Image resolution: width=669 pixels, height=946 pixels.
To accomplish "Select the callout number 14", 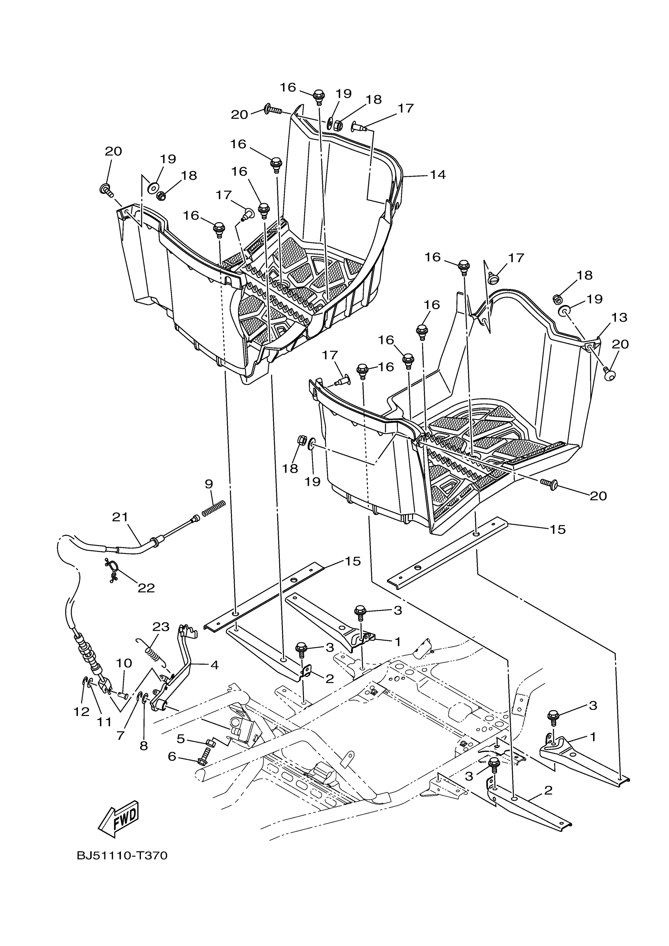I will tap(438, 175).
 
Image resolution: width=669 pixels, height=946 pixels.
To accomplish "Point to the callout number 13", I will tap(619, 317).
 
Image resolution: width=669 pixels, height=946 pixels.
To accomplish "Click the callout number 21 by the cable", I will tap(120, 517).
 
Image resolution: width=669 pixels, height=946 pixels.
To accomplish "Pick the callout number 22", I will tap(146, 588).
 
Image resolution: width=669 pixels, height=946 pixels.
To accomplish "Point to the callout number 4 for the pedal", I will tap(214, 665).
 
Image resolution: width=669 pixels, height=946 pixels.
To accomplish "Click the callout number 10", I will tap(124, 663).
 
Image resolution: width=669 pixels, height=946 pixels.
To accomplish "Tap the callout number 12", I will tap(81, 711).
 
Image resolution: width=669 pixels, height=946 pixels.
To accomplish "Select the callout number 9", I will tap(209, 484).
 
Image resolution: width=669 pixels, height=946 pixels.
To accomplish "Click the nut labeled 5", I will tap(209, 743).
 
